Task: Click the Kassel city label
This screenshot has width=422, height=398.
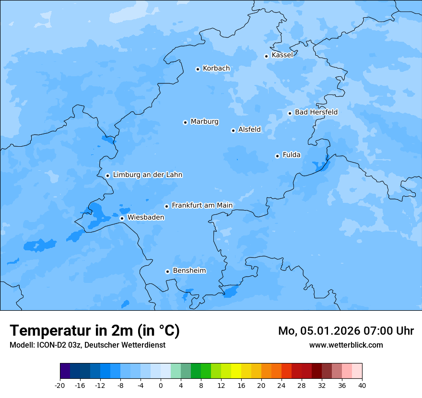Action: coord(282,55)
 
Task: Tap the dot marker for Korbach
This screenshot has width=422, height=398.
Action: coord(198,69)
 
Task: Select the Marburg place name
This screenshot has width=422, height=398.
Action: coord(204,122)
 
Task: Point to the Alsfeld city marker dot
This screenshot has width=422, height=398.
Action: coord(233,130)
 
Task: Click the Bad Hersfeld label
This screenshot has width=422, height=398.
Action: coord(316,112)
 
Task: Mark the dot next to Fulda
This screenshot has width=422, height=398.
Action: coord(277,156)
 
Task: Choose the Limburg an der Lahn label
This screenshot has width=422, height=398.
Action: coord(148,175)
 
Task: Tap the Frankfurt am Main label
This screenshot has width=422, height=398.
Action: coord(202,205)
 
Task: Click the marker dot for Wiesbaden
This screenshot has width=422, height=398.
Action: coord(122,218)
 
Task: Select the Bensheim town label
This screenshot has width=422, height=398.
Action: coord(189,271)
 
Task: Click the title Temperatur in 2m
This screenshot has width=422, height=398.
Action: coord(94,331)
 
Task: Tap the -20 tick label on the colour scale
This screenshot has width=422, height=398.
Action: coord(60,386)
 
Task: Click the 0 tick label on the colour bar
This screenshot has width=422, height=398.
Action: coord(161,386)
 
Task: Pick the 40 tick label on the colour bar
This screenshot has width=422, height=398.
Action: coord(362,386)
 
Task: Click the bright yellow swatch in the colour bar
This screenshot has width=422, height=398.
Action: coord(236,371)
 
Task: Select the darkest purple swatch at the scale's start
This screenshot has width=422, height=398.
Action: coord(65,371)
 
